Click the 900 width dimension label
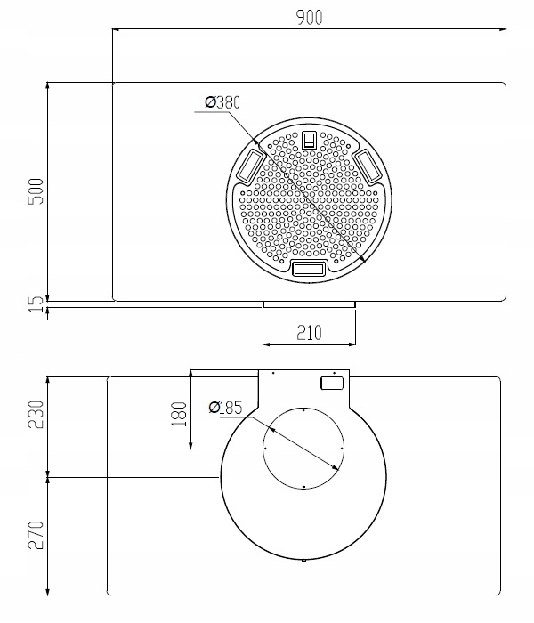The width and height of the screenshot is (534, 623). pyautogui.click(x=310, y=18)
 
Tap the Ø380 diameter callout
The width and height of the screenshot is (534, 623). pyautogui.click(x=222, y=102)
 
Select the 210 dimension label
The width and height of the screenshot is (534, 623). pyautogui.click(x=309, y=333)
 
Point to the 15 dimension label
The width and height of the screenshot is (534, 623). pyautogui.click(x=36, y=304)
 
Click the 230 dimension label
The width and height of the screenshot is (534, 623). pyautogui.click(x=36, y=415)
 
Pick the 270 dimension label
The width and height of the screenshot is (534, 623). pyautogui.click(x=36, y=535)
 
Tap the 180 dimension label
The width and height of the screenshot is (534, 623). pyautogui.click(x=179, y=414)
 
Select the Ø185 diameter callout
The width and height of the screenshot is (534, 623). pyautogui.click(x=225, y=408)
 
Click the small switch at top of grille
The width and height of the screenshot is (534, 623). pyautogui.click(x=309, y=140)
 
